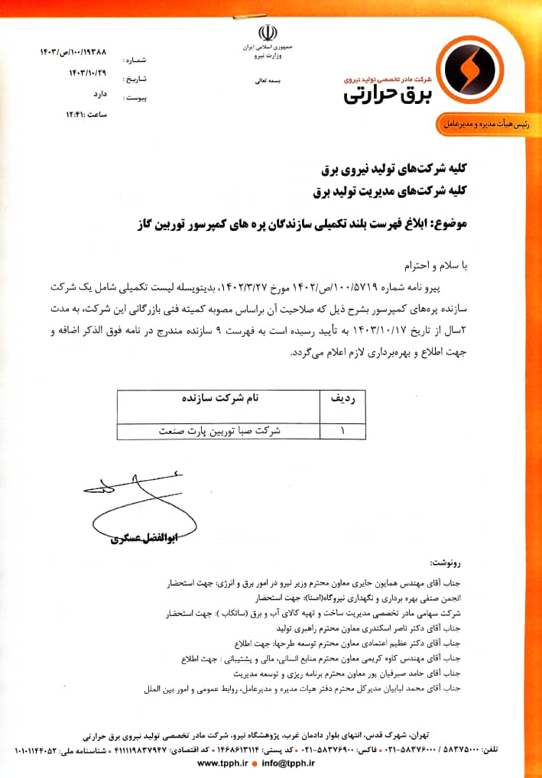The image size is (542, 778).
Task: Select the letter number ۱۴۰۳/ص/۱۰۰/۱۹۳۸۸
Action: (73, 51)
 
